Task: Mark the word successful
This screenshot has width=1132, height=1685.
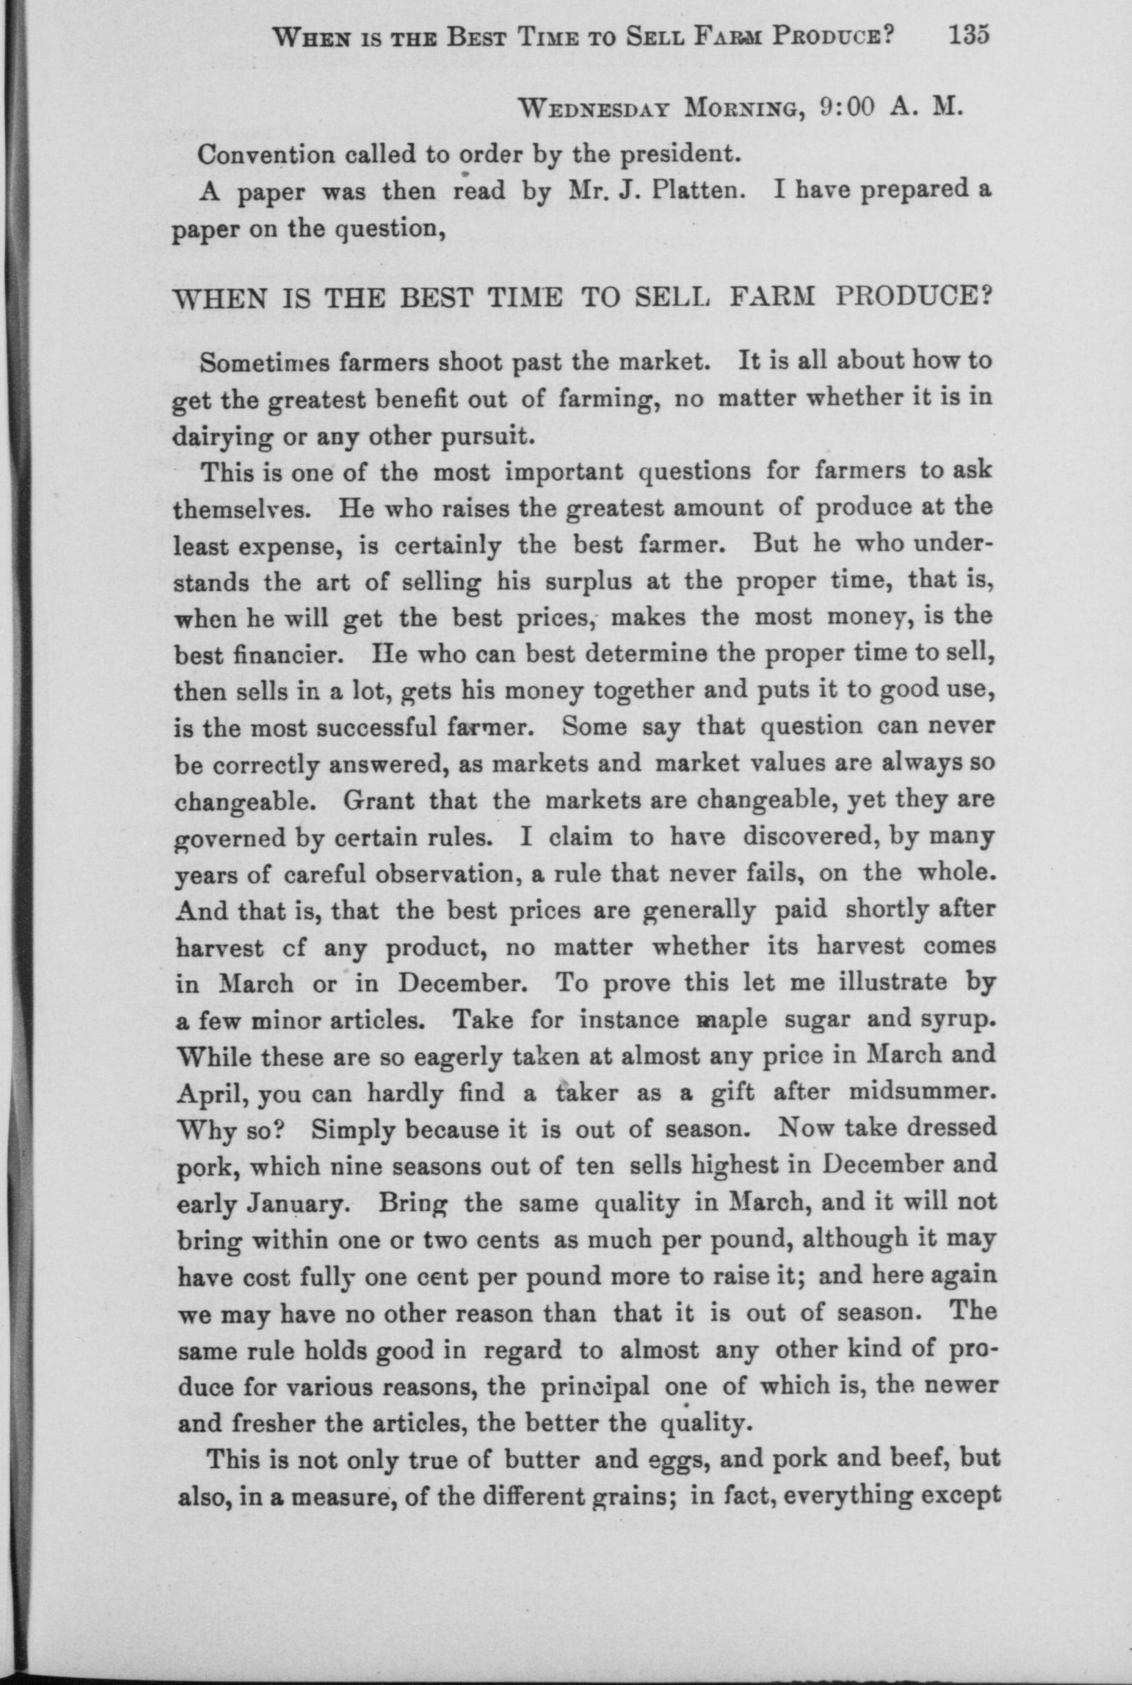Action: [373, 729]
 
